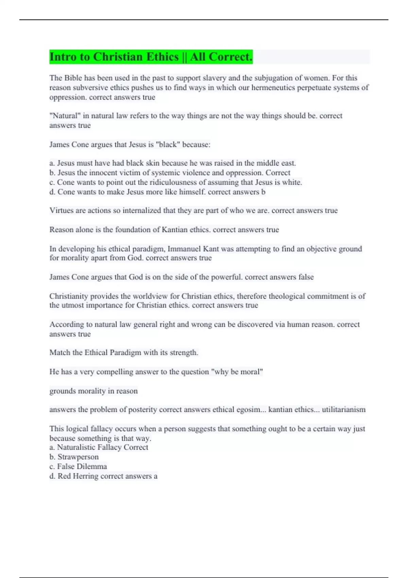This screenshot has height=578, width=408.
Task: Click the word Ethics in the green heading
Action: pyautogui.click(x=162, y=57)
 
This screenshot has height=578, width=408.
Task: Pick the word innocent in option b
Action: pyautogui.click(x=104, y=173)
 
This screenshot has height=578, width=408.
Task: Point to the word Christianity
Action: pyautogui.click(x=69, y=296)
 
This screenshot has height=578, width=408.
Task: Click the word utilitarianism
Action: pyautogui.click(x=343, y=410)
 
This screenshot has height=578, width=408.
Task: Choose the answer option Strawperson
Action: pyautogui.click(x=78, y=457)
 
